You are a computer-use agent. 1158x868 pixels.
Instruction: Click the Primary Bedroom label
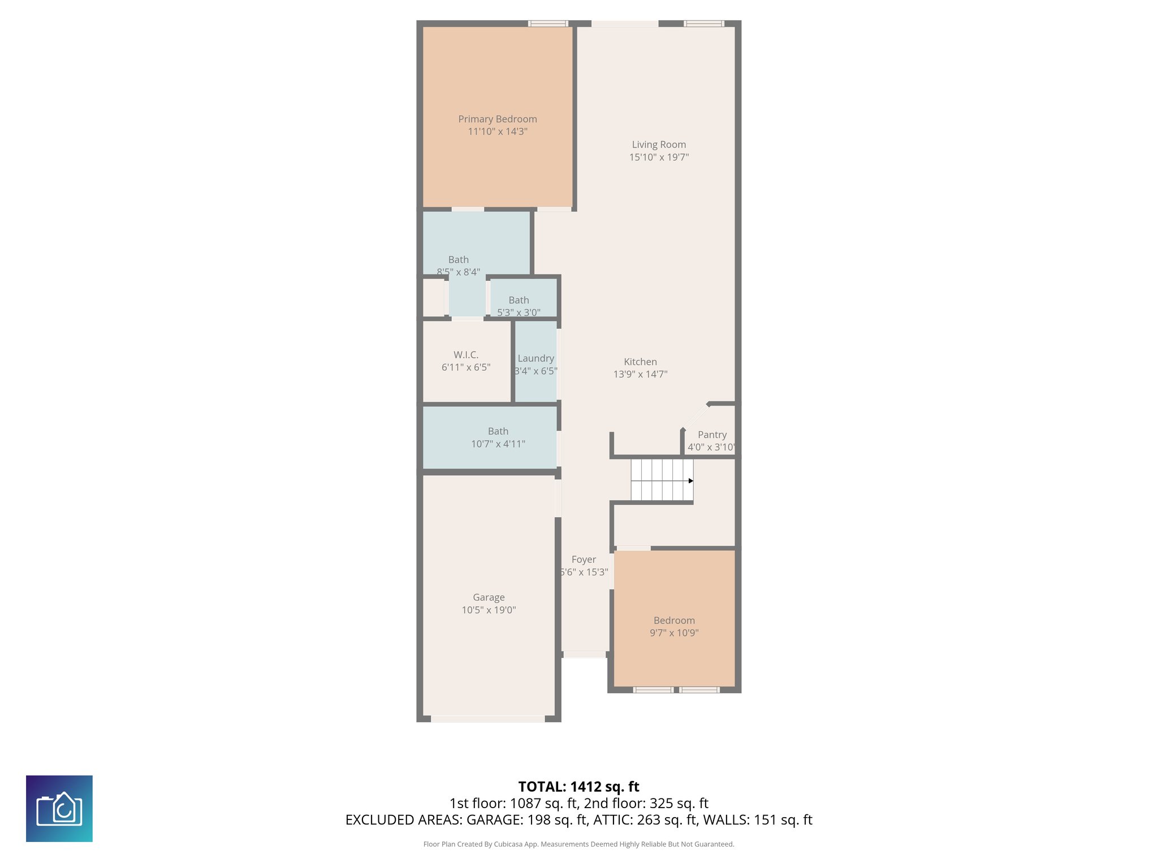click(x=497, y=119)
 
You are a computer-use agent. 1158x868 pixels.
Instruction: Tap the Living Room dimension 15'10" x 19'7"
click(x=659, y=157)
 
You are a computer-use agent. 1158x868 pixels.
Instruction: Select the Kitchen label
click(x=640, y=362)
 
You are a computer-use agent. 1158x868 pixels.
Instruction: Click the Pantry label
click(x=712, y=435)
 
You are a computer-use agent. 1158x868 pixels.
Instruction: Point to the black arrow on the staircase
click(x=690, y=481)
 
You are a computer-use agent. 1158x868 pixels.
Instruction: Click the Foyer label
click(x=584, y=559)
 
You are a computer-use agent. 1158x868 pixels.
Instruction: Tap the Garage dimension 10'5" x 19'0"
click(x=489, y=610)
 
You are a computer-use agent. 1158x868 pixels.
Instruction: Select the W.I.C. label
click(x=466, y=355)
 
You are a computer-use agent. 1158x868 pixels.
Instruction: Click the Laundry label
click(x=535, y=358)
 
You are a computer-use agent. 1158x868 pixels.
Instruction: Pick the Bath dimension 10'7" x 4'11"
click(x=498, y=444)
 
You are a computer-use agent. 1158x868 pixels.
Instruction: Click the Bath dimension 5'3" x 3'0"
click(x=518, y=313)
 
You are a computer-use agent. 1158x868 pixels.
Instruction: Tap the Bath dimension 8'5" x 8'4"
click(x=459, y=272)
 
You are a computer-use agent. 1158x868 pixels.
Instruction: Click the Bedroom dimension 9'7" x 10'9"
click(x=674, y=633)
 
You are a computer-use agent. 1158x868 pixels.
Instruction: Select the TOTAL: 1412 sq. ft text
click(x=578, y=787)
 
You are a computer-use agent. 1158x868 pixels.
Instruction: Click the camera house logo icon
click(x=59, y=809)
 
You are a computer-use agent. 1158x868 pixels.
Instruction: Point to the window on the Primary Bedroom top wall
click(x=548, y=24)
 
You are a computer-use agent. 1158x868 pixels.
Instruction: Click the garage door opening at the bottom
click(x=487, y=719)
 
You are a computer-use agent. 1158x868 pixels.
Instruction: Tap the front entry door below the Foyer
click(x=584, y=654)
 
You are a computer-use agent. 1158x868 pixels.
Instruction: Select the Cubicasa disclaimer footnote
click(x=578, y=844)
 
